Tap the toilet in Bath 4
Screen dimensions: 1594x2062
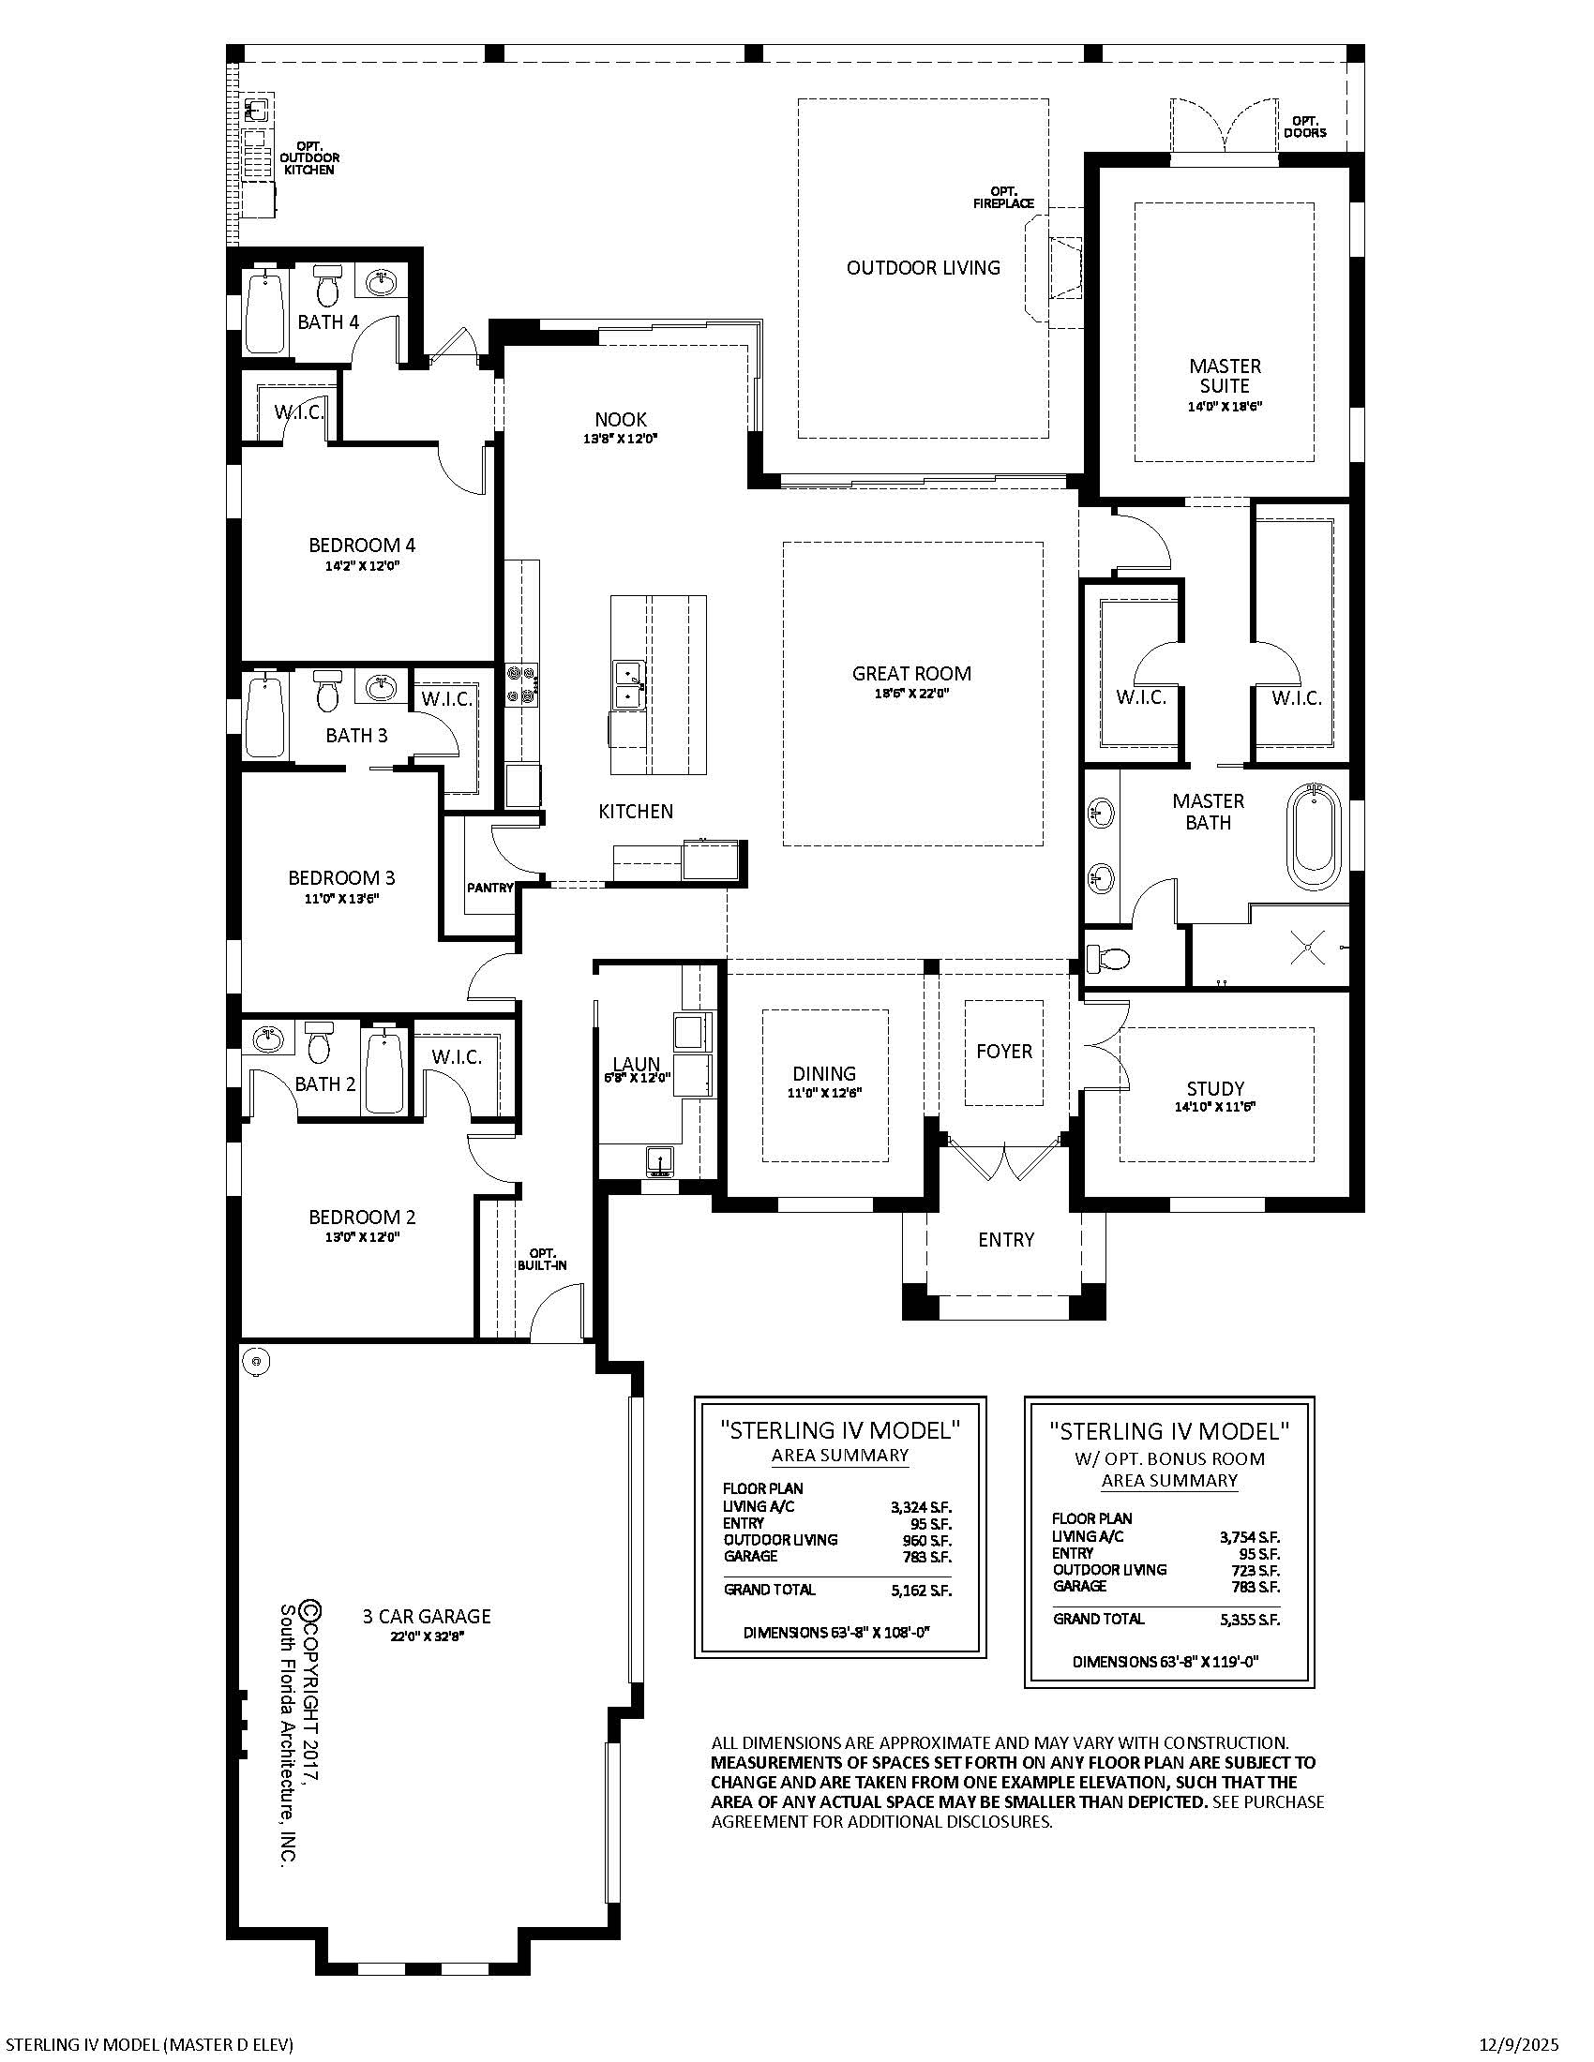click(327, 282)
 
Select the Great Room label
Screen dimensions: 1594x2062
click(911, 673)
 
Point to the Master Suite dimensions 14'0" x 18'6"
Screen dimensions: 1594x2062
click(1225, 407)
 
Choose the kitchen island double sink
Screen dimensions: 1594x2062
click(627, 684)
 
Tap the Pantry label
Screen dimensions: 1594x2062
click(490, 888)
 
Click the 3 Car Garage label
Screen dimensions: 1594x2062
click(427, 1617)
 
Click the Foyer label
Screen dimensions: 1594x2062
click(1004, 1051)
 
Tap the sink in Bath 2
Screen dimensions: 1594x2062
click(269, 1039)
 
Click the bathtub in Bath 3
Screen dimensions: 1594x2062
click(264, 717)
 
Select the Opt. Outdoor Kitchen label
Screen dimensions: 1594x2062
click(308, 157)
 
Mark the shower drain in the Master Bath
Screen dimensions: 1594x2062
click(1308, 942)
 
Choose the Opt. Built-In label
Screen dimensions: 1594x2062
click(542, 1260)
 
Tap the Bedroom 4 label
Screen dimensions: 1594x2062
click(362, 545)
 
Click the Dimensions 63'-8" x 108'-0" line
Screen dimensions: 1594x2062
click(836, 1633)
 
